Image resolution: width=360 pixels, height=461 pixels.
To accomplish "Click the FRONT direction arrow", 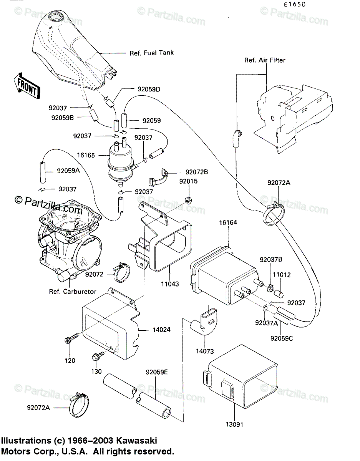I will coord(27,86).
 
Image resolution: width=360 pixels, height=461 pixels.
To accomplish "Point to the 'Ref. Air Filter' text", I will coord(265,60).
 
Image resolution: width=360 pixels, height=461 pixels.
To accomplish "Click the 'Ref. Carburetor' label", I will coord(73,291).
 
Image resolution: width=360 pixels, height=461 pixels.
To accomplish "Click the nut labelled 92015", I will coord(188,199).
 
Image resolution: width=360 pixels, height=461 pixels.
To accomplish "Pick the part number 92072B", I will coord(196,172).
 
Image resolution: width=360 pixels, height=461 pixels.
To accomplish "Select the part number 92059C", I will coord(281,338).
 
